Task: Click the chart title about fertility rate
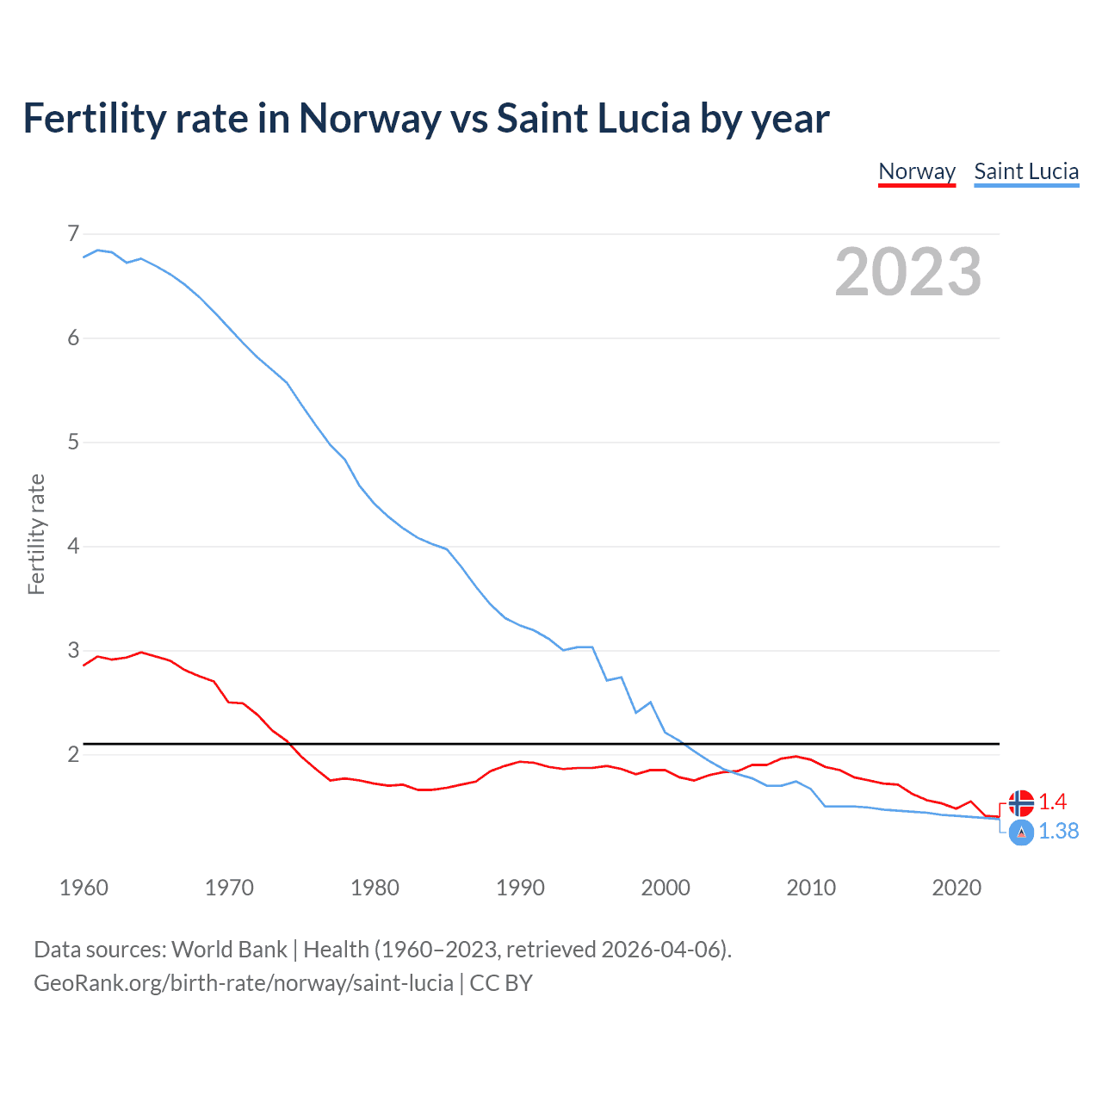[x=426, y=119]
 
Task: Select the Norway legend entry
[x=917, y=171]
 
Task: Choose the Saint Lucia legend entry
[x=1026, y=171]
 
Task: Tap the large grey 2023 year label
[x=907, y=272]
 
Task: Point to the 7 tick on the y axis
[x=73, y=233]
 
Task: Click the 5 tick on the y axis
[x=73, y=443]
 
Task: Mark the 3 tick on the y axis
[x=73, y=651]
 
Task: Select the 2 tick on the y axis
[x=73, y=755]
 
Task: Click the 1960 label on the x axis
[x=84, y=888]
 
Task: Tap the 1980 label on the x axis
[x=375, y=888]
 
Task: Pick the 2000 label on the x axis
[x=666, y=888]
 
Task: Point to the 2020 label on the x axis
[x=957, y=888]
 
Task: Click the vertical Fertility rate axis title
[x=36, y=534]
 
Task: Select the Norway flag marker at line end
[x=1021, y=802]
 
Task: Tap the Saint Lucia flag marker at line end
[x=1021, y=833]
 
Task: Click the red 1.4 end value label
[x=1053, y=802]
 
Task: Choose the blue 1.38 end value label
[x=1059, y=832]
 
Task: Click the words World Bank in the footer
[x=229, y=950]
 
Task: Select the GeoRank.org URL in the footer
[x=244, y=983]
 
